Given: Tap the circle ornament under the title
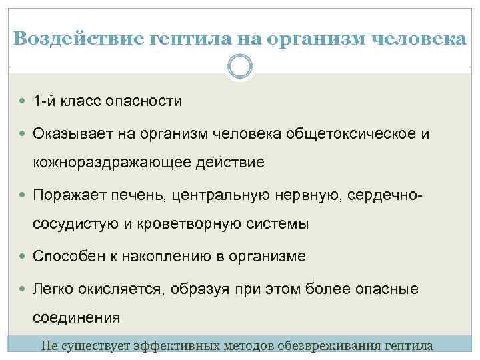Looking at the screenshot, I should coord(240,67).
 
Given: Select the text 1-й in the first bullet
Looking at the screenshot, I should coord(45,101).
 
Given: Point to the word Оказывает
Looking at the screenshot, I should coord(73,134).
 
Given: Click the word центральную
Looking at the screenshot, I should coord(219,195).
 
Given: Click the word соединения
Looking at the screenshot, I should coord(77,317).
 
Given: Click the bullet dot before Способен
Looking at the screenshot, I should coord(25,257).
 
